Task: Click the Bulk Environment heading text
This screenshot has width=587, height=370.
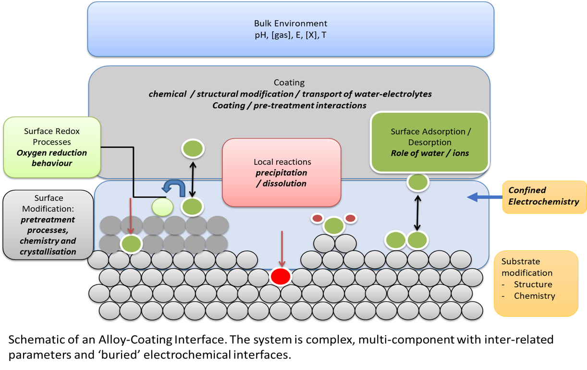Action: [290, 23]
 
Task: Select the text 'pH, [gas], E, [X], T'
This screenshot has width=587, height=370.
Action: [290, 35]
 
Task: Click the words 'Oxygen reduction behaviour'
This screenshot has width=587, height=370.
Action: [52, 158]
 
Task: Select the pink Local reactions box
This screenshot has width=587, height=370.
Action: [281, 172]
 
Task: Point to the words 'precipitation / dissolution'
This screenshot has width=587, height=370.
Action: [281, 178]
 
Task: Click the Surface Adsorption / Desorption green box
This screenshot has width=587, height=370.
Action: [429, 142]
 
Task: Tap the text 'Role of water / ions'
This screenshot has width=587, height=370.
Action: [429, 153]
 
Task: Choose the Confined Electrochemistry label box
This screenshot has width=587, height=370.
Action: [544, 197]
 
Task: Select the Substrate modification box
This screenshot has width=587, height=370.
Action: [536, 283]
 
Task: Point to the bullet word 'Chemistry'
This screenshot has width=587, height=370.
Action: [534, 296]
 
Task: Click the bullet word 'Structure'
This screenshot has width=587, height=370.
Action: [533, 284]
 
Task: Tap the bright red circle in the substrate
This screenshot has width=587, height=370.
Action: [281, 276]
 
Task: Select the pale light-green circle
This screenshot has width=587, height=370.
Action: [162, 207]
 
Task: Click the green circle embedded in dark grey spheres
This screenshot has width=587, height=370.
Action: [131, 244]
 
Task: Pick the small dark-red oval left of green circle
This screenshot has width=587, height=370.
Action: [318, 219]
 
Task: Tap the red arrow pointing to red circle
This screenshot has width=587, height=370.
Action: [281, 248]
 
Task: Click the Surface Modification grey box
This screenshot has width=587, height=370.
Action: [48, 225]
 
